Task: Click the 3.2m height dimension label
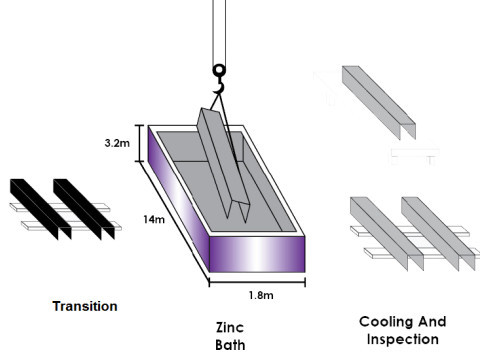click(117, 143)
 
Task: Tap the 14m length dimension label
click(154, 219)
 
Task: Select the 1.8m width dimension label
click(261, 295)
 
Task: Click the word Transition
click(85, 306)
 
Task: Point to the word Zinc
click(230, 327)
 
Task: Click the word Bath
click(230, 345)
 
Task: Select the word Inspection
click(403, 339)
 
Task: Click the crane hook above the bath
click(219, 80)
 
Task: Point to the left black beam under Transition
click(41, 208)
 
